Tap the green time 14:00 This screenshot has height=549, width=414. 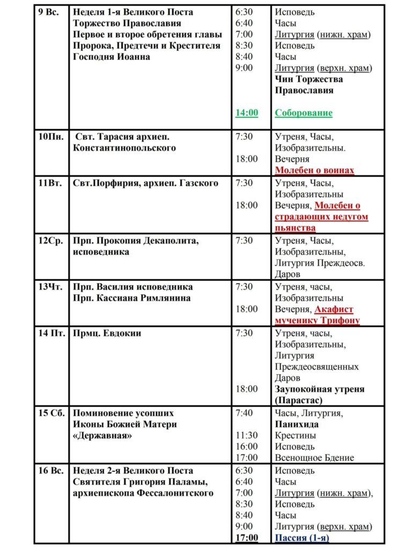tap(247, 113)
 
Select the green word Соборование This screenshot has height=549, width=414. tap(304, 113)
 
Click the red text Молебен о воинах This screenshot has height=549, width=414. tap(315, 170)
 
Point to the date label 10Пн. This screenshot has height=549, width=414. tap(51, 137)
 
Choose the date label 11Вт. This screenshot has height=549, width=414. tap(50, 183)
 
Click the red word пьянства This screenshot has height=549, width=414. tap(295, 228)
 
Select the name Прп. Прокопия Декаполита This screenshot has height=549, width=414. tap(136, 241)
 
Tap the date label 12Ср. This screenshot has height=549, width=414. tap(50, 241)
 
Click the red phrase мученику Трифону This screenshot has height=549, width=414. tap(317, 321)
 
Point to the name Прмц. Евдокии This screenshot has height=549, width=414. tap(107, 333)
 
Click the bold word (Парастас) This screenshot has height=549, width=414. tap(299, 400)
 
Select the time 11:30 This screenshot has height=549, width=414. tap(247, 435)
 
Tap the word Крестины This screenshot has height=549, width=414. tap(295, 435)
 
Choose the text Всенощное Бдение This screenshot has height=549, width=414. tap(315, 458)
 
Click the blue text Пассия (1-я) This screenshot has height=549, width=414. tap(302, 538)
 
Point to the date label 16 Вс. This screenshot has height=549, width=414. tap(51, 471)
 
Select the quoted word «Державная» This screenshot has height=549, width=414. tap(103, 435)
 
